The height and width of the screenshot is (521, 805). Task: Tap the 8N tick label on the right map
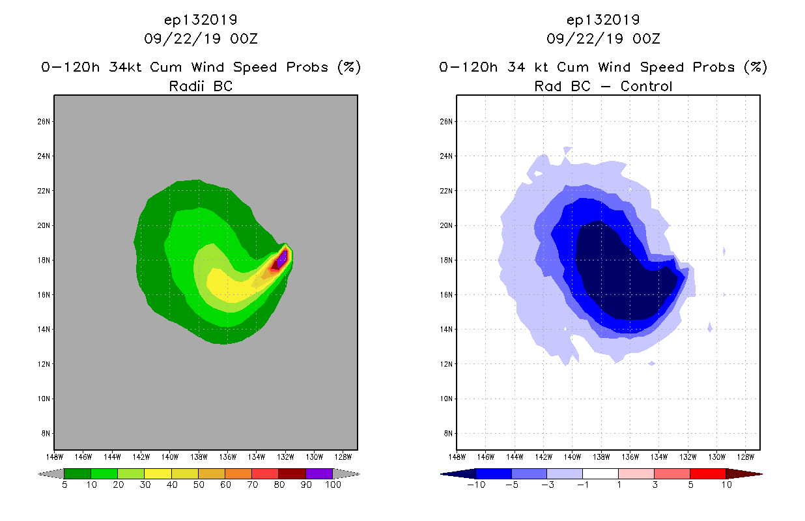[448, 433]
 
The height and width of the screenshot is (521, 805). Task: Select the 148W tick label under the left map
[54, 456]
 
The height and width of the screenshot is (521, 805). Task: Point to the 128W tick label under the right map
[745, 456]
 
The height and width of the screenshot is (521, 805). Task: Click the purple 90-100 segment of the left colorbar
[319, 473]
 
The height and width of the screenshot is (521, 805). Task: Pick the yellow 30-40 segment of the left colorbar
[158, 473]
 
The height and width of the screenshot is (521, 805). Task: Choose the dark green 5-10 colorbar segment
[78, 473]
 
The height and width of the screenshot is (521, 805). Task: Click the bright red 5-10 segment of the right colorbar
[707, 473]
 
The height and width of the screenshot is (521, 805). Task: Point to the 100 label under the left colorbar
[332, 485]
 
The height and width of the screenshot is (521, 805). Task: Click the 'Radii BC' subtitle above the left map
[201, 86]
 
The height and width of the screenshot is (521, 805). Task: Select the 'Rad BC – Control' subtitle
[603, 86]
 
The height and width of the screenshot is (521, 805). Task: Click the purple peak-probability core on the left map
[282, 259]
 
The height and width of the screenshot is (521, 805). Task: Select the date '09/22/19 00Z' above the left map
[201, 38]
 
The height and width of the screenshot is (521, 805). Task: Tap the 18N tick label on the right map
[448, 260]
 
